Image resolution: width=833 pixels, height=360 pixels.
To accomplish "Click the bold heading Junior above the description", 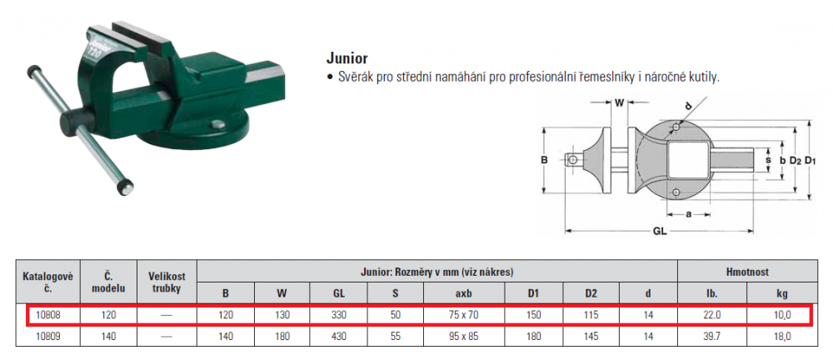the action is pos(347,58).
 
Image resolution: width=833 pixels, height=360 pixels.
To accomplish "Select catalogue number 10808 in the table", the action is pos(47,315).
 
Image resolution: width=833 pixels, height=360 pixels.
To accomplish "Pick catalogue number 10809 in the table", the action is pos(47,336).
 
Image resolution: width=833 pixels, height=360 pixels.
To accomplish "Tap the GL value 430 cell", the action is pos(338,336).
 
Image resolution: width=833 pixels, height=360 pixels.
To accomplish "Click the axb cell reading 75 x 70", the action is pos(462,315).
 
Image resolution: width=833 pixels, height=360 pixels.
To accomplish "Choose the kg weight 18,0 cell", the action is pos(782,336).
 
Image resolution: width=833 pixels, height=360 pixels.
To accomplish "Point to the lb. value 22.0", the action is pos(712,315).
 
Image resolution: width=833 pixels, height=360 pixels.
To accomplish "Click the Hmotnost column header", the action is pos(747,272).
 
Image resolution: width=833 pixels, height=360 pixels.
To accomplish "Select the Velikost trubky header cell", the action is pos(167,282).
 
